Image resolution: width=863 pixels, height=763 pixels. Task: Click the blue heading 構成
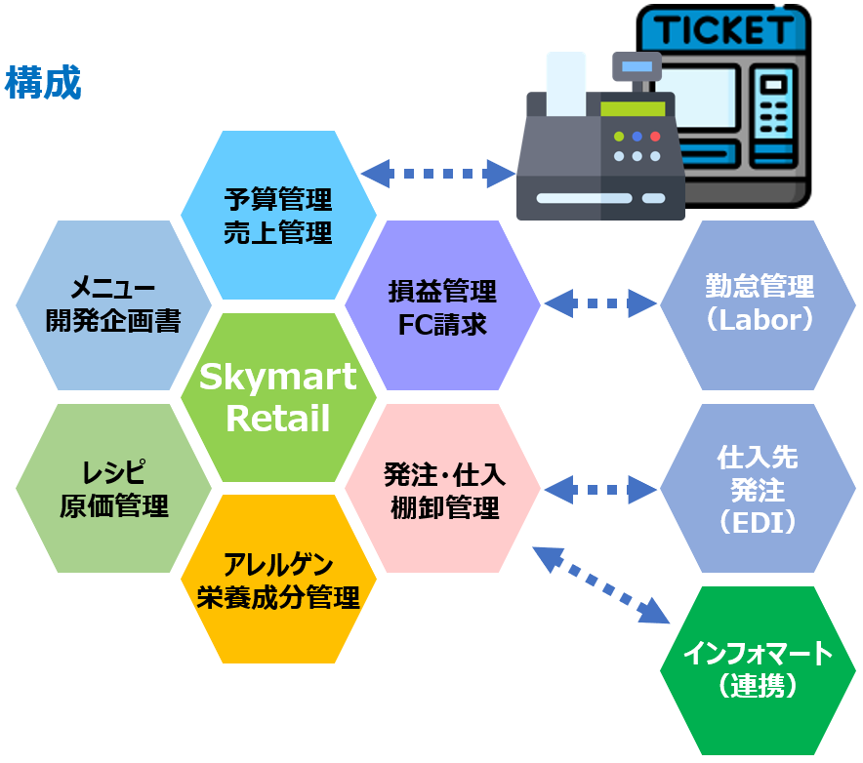[43, 83]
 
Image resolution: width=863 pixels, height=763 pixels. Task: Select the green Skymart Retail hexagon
[278, 398]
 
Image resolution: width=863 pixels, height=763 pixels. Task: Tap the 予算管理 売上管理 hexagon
[278, 215]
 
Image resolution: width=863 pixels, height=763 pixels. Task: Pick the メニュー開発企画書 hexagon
[113, 305]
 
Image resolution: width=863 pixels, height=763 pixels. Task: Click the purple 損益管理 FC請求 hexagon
[442, 305]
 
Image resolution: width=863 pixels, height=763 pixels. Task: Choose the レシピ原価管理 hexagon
[113, 489]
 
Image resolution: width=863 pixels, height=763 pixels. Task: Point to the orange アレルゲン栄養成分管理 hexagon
[278, 579]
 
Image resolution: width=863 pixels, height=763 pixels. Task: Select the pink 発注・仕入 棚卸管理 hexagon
[442, 489]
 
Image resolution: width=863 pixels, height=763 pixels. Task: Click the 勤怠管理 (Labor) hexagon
[758, 305]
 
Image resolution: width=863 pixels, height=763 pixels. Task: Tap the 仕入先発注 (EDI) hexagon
[758, 489]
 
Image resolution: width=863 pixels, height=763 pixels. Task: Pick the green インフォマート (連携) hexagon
[758, 670]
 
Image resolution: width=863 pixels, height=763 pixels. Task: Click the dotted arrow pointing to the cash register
[438, 174]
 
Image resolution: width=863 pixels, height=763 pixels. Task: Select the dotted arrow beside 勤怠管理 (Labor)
[600, 303]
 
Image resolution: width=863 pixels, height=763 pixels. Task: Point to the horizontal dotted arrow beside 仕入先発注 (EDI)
[600, 489]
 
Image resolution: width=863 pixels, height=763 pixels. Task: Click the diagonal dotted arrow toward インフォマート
[601, 585]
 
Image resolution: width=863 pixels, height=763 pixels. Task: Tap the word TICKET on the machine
[723, 29]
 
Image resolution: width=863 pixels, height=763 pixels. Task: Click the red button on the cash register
[655, 136]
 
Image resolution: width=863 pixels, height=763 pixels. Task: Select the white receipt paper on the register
[566, 84]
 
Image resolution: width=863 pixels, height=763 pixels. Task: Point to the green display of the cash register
[633, 108]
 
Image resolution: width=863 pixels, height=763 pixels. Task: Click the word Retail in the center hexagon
[278, 418]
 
